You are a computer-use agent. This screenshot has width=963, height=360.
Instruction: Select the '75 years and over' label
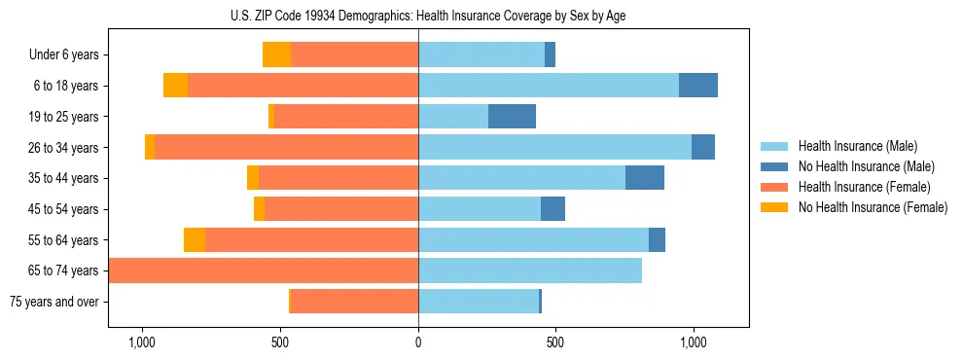click(x=54, y=302)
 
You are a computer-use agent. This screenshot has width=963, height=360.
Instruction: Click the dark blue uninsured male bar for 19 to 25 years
click(x=512, y=117)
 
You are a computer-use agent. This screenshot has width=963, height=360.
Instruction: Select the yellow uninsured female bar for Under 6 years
click(x=276, y=54)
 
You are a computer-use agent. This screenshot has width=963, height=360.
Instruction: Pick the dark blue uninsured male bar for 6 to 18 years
click(x=697, y=86)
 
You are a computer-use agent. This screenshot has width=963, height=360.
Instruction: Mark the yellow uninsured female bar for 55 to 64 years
click(x=195, y=240)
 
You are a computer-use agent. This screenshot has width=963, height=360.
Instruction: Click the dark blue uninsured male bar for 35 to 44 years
click(x=644, y=178)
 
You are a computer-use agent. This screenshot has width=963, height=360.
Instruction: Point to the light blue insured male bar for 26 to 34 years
click(x=554, y=147)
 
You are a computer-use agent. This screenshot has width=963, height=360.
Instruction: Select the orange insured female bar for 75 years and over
click(x=354, y=302)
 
